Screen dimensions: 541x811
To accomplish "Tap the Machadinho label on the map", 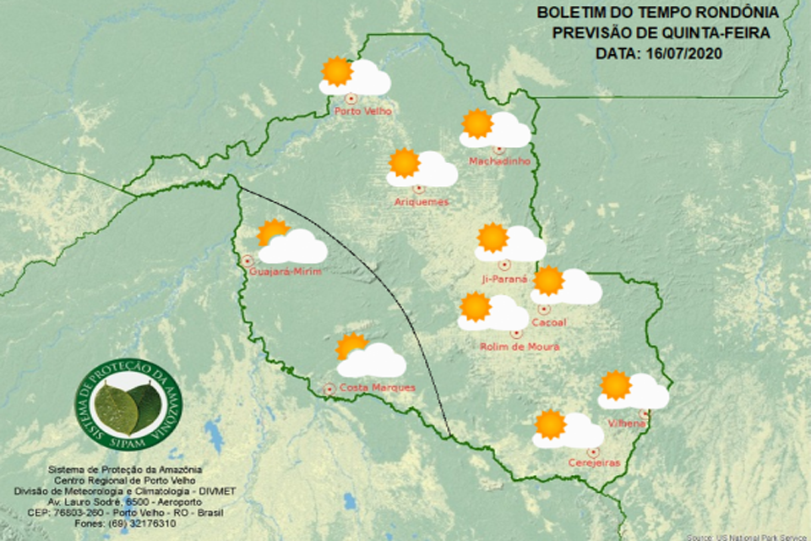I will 498,161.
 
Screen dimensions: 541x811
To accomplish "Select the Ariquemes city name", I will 422,201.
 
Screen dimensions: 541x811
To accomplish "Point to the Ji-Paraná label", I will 503,277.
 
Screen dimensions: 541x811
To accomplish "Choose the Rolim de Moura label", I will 520,346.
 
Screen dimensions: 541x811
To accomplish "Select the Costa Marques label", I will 377,388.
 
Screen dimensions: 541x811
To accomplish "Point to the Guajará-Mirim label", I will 286,271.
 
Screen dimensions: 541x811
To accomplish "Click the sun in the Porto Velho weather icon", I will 337,72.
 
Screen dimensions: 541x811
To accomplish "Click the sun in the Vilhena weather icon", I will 616,385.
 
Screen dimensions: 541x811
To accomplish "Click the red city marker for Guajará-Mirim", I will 248,260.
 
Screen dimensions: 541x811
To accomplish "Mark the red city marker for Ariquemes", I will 418,189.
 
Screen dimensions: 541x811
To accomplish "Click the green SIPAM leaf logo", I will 129,404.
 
